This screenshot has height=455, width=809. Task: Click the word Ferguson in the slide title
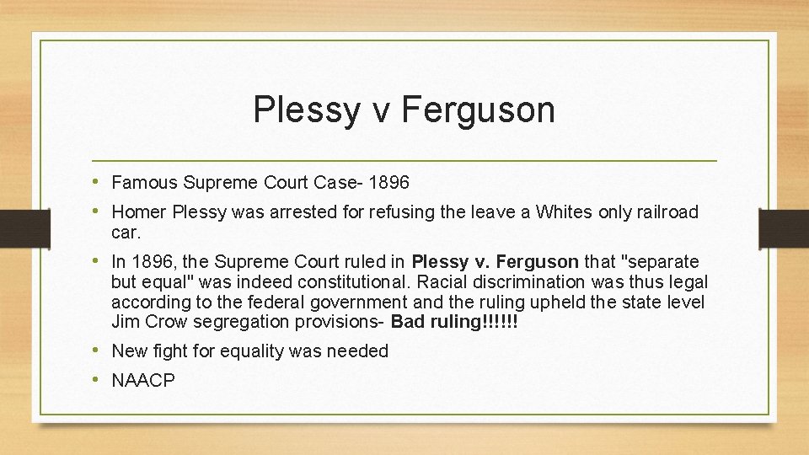coord(479,110)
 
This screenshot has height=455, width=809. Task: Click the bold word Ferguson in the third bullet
coord(539,261)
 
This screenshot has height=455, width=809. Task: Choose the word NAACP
coord(143,381)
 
